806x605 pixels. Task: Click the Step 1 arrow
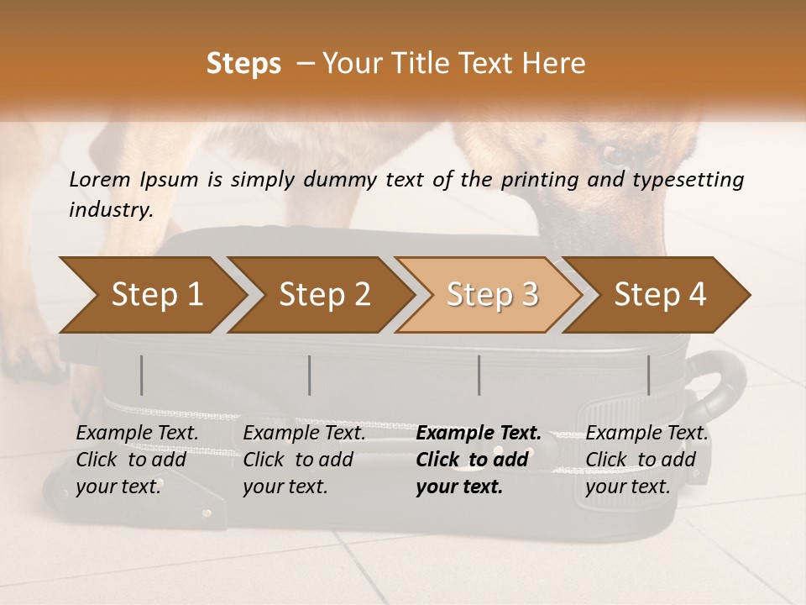point(156,295)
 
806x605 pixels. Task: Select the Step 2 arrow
point(324,295)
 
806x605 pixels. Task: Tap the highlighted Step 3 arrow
point(492,295)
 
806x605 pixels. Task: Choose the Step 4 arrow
point(660,295)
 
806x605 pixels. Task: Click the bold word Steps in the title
point(243,63)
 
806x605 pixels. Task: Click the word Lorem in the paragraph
point(100,179)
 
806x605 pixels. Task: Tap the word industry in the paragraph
point(110,210)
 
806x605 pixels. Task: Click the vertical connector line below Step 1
point(142,375)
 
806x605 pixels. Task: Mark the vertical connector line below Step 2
point(310,375)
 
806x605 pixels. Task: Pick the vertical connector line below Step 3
point(479,375)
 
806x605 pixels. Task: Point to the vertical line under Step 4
point(649,375)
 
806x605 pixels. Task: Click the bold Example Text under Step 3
point(479,434)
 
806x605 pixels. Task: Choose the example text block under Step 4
point(646,460)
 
